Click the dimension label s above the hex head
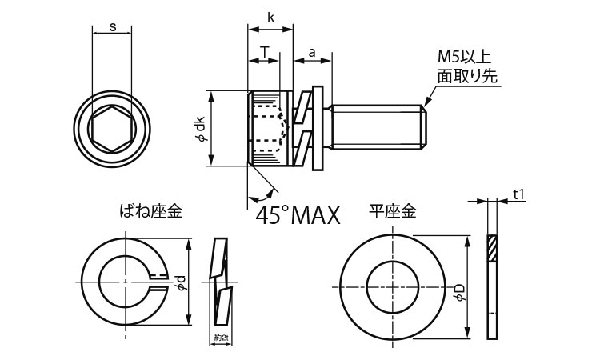click(113, 28)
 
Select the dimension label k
click(272, 18)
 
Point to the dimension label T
click(263, 52)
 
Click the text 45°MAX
click(298, 214)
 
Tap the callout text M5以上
click(463, 57)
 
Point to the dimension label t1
click(518, 194)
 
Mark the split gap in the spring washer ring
click(159, 280)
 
